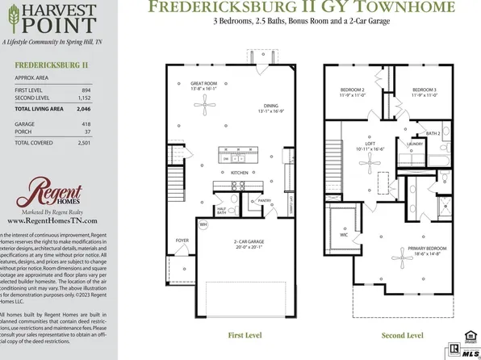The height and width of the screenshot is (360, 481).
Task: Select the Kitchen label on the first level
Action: [240, 173]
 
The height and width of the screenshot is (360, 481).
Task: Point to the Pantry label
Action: [263, 199]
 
